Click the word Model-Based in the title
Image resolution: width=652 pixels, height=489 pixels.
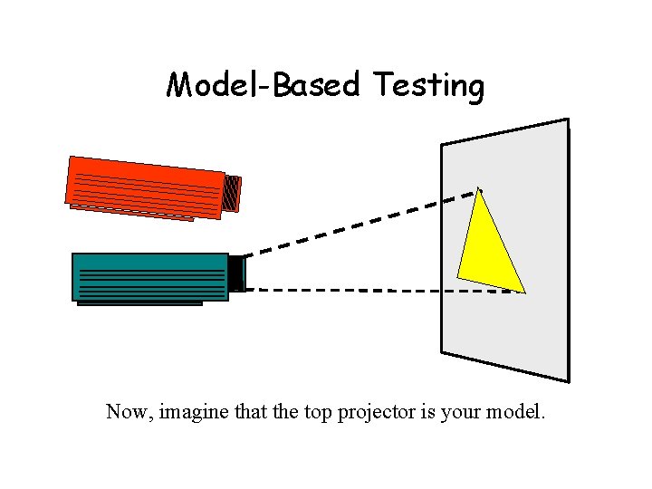[x=264, y=85]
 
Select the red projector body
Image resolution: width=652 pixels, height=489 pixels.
[x=145, y=185]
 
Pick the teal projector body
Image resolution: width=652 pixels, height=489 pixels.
[x=150, y=276]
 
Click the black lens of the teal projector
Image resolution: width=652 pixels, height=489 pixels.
[x=236, y=273]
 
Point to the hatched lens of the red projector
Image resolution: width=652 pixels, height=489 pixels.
[x=232, y=192]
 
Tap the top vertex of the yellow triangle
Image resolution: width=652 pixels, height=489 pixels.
[x=479, y=189]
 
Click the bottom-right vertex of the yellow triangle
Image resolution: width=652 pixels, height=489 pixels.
[x=525, y=292]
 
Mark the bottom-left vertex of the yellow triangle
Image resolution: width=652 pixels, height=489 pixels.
[x=458, y=276]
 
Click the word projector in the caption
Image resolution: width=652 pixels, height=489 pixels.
[x=377, y=413]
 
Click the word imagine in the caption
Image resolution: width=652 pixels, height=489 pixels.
[x=195, y=413]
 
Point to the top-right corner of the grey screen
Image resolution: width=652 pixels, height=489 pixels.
[x=568, y=120]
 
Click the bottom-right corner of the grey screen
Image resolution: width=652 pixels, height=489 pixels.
[x=569, y=381]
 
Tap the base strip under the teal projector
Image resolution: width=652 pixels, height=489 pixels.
[x=139, y=303]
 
